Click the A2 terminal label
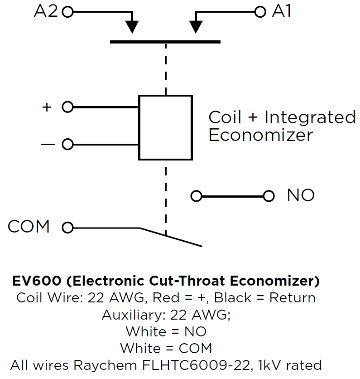[x=46, y=12]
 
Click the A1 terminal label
[x=282, y=12]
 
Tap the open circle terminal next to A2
[x=67, y=12]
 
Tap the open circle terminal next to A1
[x=260, y=12]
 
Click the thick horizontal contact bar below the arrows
[x=165, y=42]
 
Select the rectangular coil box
[x=165, y=127]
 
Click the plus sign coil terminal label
[x=47, y=107]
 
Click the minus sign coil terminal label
[x=47, y=145]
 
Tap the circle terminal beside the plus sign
[x=67, y=107]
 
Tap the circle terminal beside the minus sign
[x=67, y=145]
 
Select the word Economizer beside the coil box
[x=260, y=135]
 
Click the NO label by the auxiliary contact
[x=301, y=195]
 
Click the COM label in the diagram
[x=29, y=227]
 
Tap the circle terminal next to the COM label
[x=67, y=228]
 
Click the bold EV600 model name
[x=37, y=281]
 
